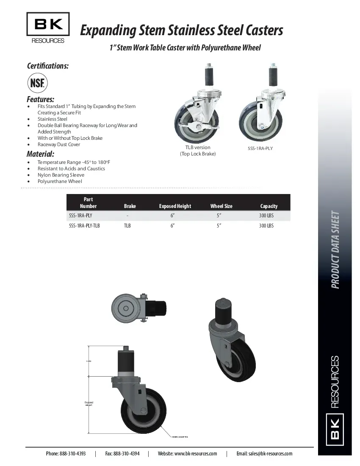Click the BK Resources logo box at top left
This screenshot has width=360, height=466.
coord(48,24)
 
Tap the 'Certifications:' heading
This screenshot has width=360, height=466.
coord(48,66)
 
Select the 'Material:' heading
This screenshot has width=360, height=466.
coord(40,154)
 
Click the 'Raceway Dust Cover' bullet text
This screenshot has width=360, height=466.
coord(58,144)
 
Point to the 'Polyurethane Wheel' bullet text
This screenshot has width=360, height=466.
coord(60,181)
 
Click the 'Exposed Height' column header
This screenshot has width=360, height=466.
coord(175,206)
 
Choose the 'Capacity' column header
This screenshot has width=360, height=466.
coord(269,206)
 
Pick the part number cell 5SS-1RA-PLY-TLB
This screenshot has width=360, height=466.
coord(84,226)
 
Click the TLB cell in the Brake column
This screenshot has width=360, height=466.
coord(127,226)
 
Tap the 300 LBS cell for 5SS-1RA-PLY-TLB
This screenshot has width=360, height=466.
coord(266,226)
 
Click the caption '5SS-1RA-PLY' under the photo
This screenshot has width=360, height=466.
coord(260,149)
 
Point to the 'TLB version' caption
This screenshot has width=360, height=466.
coord(197,147)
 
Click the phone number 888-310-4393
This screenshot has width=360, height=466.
coord(72,454)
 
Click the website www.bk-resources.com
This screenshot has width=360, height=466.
coord(195,454)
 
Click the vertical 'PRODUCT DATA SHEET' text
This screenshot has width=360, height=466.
coord(335,250)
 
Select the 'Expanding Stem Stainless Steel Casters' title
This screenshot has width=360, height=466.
coord(181,31)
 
